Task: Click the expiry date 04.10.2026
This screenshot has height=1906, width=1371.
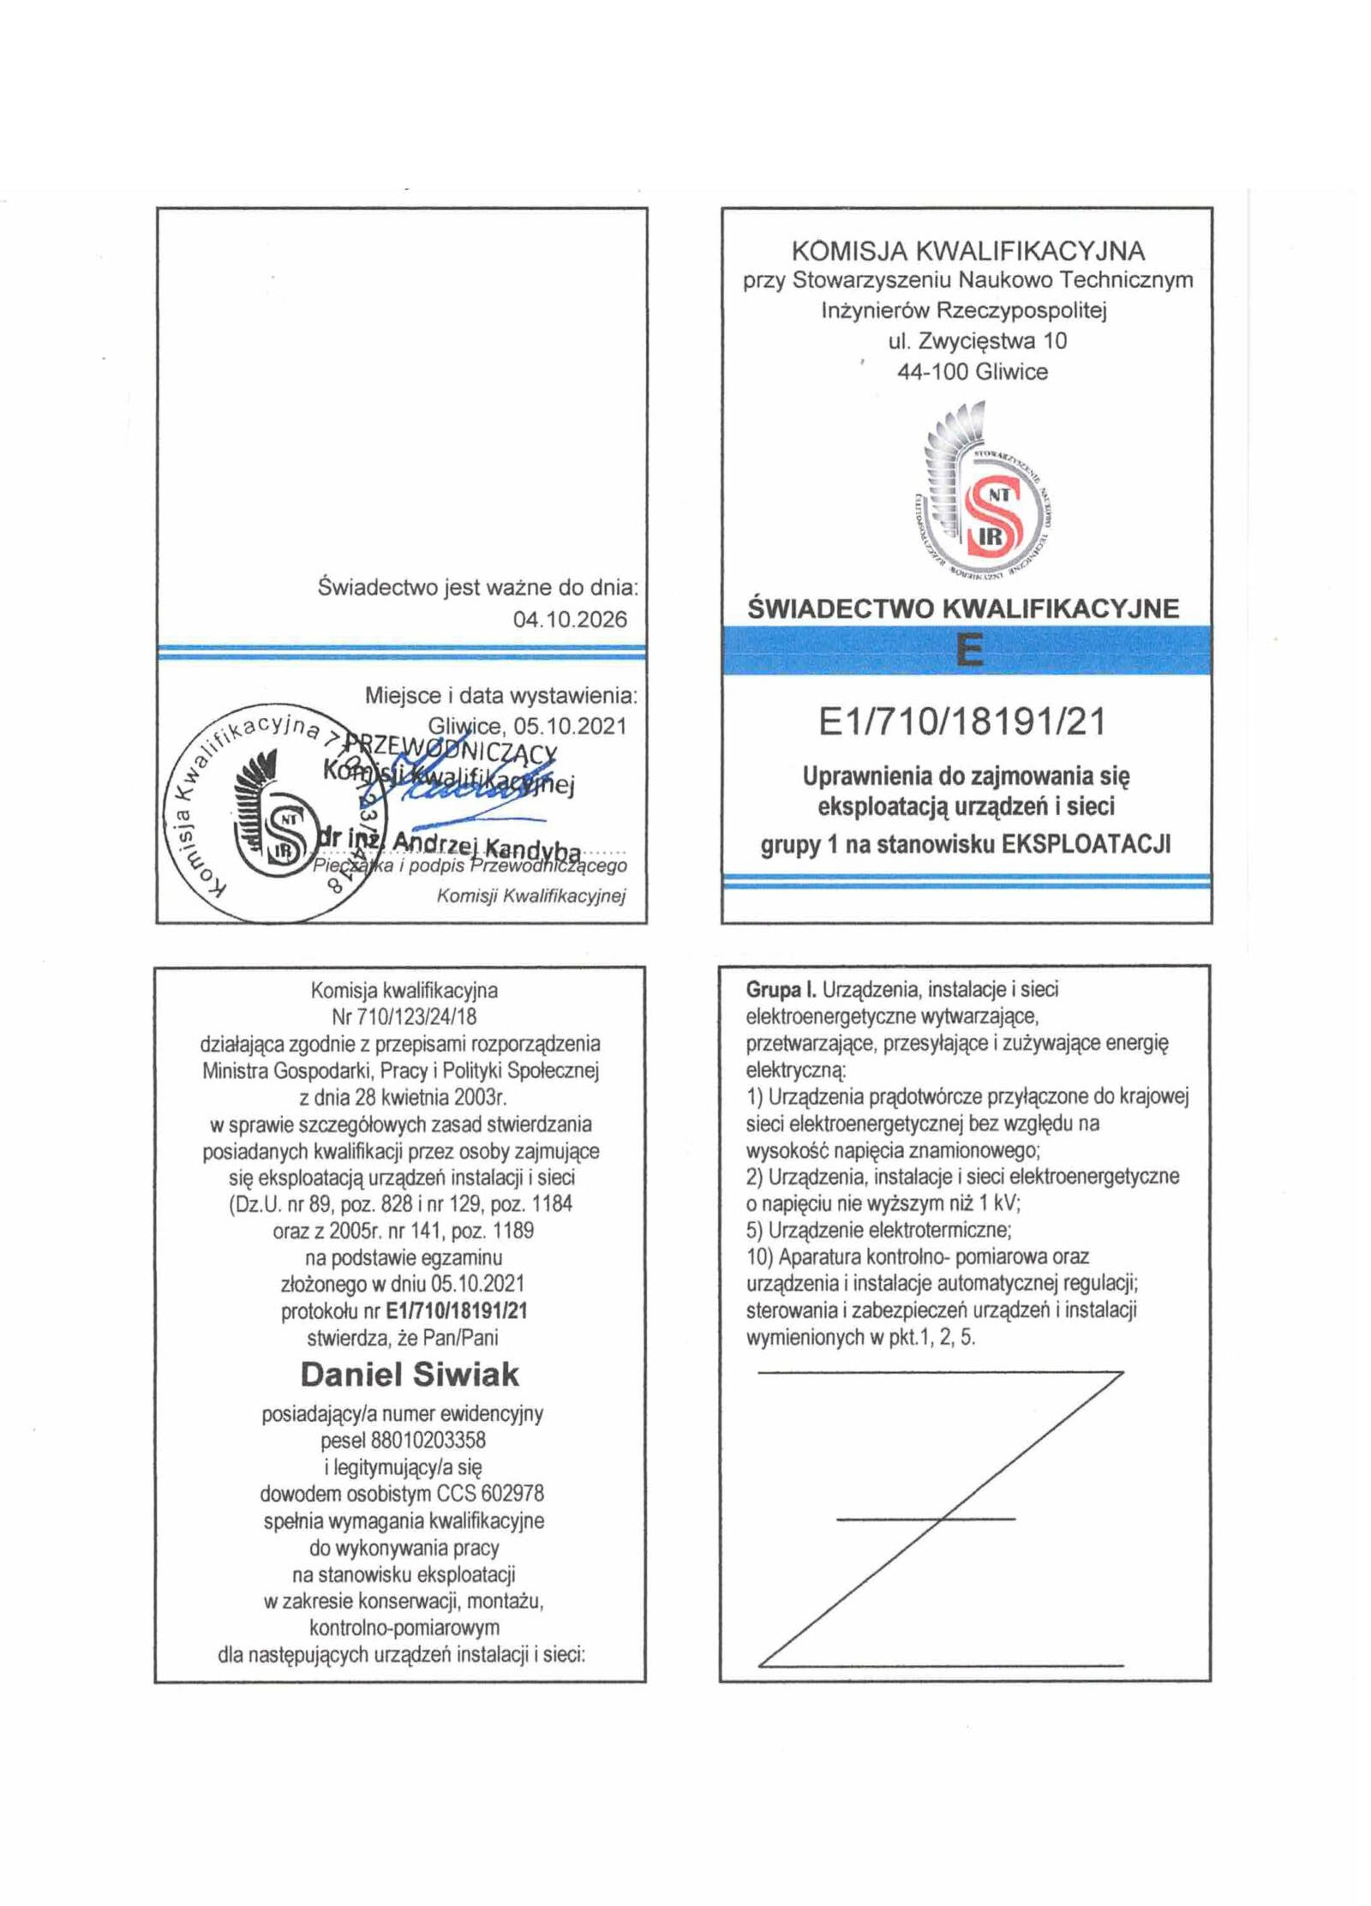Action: click(x=570, y=619)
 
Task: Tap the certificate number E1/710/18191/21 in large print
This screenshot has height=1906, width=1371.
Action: click(x=962, y=722)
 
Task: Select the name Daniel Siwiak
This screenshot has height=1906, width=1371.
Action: click(x=410, y=1375)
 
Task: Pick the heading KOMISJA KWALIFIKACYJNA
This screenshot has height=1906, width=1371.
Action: click(x=968, y=250)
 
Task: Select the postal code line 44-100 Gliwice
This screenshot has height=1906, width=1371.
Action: click(x=973, y=372)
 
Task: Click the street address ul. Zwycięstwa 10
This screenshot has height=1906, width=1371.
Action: click(x=978, y=341)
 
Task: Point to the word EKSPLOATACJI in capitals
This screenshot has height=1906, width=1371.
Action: click(x=1087, y=844)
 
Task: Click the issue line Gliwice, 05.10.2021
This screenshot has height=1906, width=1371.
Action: click(x=527, y=726)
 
